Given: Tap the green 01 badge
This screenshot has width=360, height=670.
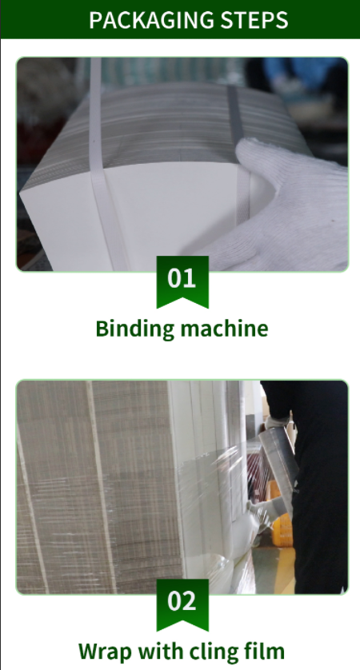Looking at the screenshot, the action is click(182, 281).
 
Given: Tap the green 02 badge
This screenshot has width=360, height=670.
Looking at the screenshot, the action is click(182, 604).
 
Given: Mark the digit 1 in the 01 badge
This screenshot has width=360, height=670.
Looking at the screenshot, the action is click(190, 278).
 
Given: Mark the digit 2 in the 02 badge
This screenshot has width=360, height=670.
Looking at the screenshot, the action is click(190, 601).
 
